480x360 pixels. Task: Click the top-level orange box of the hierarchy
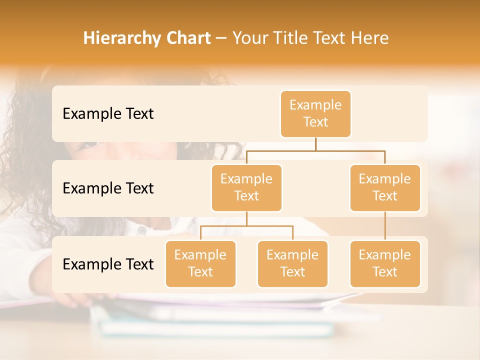click(315, 113)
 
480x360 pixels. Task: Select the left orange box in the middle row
click(246, 187)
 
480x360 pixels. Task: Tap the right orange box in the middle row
click(385, 187)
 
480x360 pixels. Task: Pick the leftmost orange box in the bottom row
click(200, 263)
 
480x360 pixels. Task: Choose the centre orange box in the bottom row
click(292, 263)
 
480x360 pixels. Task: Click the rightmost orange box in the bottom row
click(385, 263)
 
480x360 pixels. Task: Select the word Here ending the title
click(370, 38)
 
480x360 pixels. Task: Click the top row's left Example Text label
click(108, 114)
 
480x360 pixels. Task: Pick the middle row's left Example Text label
click(108, 188)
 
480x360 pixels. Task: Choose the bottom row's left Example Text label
click(108, 264)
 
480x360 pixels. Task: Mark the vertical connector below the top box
click(315, 144)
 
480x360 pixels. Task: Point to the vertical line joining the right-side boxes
click(385, 226)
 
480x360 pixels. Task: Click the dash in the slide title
click(221, 38)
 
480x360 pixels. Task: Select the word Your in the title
click(249, 38)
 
